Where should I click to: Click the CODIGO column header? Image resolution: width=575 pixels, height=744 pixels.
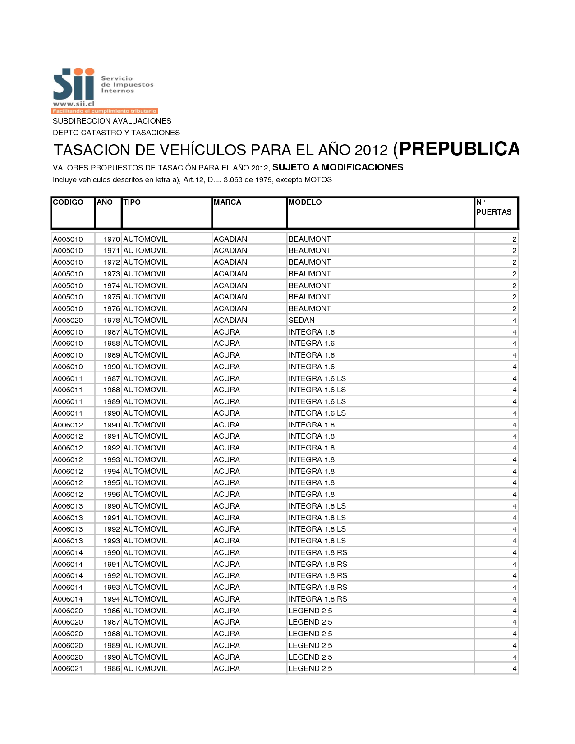click(68, 202)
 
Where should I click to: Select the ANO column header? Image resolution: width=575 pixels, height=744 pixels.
click(105, 202)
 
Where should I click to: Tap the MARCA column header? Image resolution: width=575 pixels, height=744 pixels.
click(227, 202)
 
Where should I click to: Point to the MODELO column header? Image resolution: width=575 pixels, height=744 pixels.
click(305, 202)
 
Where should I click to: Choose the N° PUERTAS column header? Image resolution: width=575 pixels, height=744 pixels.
click(494, 207)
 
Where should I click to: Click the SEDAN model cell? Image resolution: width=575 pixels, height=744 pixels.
click(302, 321)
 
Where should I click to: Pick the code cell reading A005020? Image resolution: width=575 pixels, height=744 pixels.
click(68, 321)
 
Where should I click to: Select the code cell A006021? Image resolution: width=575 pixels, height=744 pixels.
click(68, 669)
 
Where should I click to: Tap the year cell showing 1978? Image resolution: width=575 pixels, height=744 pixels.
click(111, 321)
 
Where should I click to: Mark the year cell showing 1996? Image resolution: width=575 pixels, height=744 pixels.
click(111, 495)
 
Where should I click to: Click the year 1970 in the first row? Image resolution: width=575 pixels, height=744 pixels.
click(111, 239)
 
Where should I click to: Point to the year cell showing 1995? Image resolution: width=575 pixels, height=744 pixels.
click(111, 483)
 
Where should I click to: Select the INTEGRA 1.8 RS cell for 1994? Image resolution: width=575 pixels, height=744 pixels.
click(318, 599)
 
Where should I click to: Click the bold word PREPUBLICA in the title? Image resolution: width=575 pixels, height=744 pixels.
click(459, 149)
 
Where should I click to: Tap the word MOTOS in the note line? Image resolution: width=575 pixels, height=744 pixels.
click(318, 180)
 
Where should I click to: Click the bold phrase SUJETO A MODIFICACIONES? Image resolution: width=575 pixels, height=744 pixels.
click(338, 168)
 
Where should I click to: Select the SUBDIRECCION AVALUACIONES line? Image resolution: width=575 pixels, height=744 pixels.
click(112, 121)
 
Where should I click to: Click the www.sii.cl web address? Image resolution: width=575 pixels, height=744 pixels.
click(74, 104)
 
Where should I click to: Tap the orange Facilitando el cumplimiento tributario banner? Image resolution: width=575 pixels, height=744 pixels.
click(104, 111)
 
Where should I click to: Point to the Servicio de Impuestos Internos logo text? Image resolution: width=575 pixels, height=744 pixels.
click(127, 85)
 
